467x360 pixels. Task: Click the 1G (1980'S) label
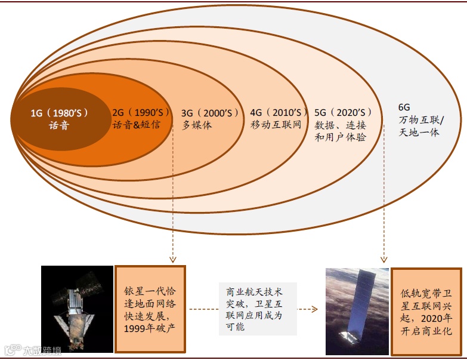coord(59,112)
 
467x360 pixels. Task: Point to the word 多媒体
coord(197,125)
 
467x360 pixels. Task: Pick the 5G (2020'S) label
coord(344,112)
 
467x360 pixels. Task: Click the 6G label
coord(404,107)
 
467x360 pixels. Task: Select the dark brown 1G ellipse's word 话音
coord(59,125)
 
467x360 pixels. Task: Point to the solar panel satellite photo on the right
coord(357,311)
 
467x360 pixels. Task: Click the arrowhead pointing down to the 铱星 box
coord(172,259)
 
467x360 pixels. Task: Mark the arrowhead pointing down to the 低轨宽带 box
coord(384,259)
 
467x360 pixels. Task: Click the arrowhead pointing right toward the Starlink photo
coord(311,309)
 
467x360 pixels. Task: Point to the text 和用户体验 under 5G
coord(341,137)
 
